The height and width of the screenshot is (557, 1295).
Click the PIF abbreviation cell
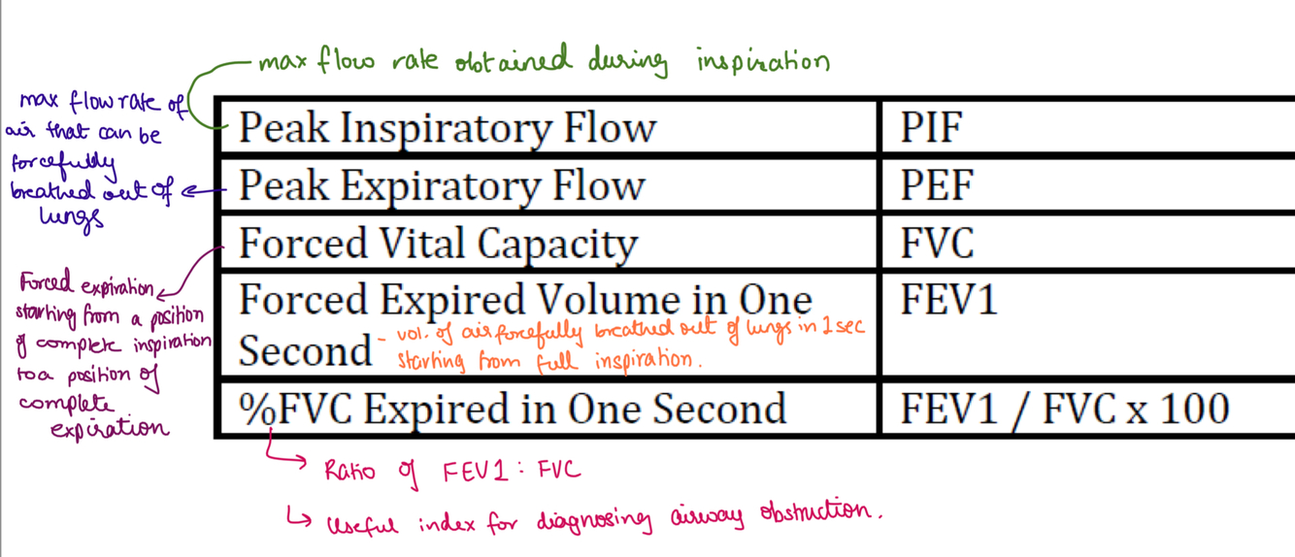931,128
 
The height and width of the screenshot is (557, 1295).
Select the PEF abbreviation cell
936,185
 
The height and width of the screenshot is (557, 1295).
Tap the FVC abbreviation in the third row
937,243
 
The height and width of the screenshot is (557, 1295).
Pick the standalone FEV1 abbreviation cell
948,300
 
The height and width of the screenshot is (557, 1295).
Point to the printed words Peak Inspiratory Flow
448,128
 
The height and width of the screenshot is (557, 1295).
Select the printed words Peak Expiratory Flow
442,185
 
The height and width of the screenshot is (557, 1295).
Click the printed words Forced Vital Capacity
438,243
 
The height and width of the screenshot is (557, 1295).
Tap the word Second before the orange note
305,350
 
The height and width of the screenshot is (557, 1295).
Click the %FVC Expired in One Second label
513,409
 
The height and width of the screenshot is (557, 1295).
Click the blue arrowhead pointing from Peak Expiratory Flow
188,191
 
